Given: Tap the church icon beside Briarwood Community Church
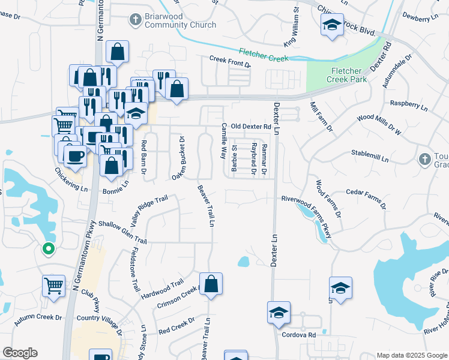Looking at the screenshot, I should (134, 20).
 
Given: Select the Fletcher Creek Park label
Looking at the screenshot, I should (346, 74).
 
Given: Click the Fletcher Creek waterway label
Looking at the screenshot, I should (264, 55).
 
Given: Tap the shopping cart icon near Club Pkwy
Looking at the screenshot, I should (54, 286).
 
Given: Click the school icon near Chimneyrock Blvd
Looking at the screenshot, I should (332, 25).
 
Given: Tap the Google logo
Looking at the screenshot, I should (20, 353).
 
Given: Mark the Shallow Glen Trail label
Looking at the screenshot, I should (122, 232).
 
